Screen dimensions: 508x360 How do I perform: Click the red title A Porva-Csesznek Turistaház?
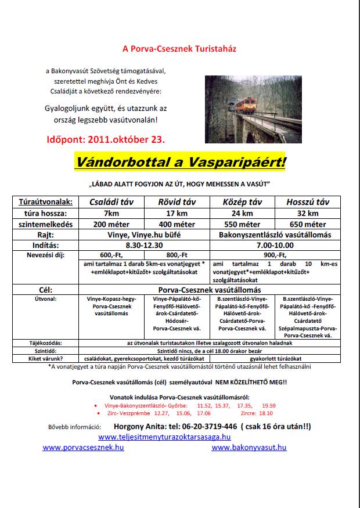(x=179, y=49)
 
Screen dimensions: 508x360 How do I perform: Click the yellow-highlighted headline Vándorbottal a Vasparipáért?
(x=181, y=162)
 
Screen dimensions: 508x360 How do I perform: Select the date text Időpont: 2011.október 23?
(x=105, y=140)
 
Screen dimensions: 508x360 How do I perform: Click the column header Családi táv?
(x=105, y=203)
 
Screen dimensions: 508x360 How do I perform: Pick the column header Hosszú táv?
(x=307, y=203)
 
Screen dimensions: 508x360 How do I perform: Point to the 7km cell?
(x=105, y=213)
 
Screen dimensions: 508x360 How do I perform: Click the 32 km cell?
(x=307, y=213)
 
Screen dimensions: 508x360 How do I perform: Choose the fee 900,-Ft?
(x=275, y=255)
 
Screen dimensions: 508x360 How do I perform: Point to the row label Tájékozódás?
(x=45, y=343)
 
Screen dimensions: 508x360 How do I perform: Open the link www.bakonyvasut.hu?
(x=249, y=448)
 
